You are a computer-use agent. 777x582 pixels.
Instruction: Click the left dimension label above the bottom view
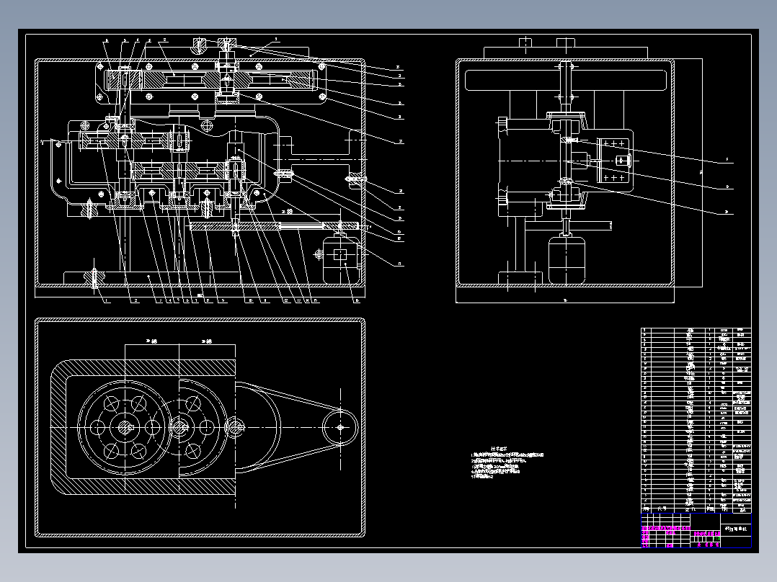click(x=151, y=341)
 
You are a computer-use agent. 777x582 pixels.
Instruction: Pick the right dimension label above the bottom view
click(x=208, y=341)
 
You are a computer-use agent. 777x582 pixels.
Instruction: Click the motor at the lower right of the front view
click(x=341, y=260)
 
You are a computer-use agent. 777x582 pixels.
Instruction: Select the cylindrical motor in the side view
click(x=567, y=259)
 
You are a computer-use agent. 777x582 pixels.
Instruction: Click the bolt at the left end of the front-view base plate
click(x=94, y=277)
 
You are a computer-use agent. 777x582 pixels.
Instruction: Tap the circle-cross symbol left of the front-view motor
click(x=319, y=254)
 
